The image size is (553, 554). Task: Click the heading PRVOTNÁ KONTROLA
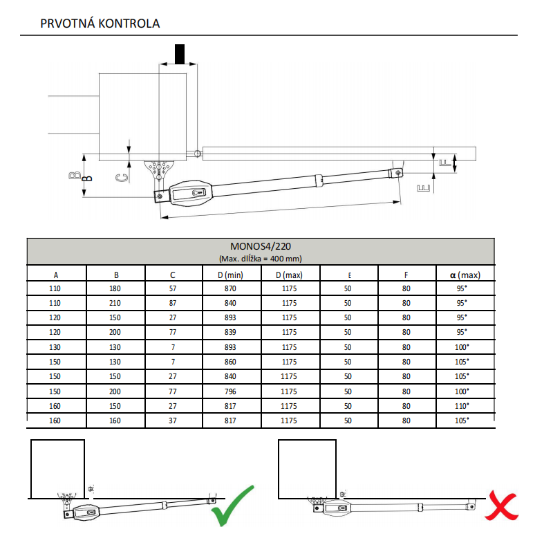[100, 24]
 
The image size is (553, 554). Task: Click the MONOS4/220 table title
[260, 246]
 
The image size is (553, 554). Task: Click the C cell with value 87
[173, 303]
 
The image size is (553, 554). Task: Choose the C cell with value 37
[173, 420]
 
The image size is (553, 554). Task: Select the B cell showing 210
[116, 303]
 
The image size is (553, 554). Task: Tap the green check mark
[232, 506]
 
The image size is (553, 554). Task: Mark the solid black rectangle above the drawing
[180, 54]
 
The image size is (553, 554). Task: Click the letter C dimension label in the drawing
[120, 177]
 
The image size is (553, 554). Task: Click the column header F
[406, 275]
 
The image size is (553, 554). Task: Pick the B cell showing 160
[116, 420]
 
